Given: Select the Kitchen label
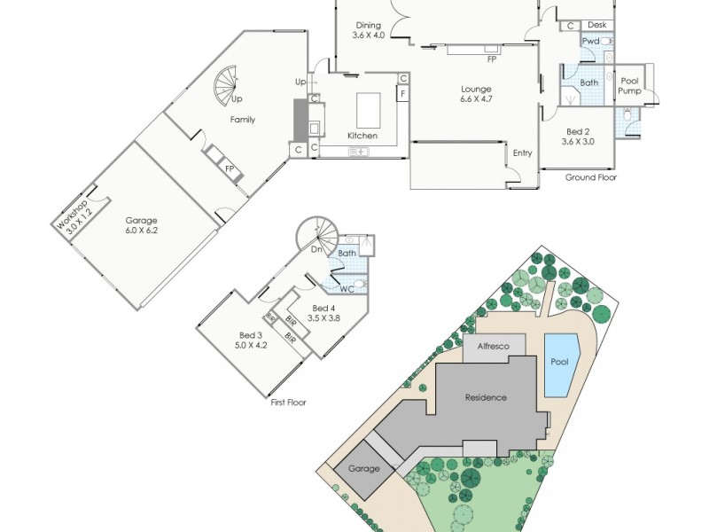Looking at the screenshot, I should (x=362, y=136).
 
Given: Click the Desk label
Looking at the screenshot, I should (x=596, y=26).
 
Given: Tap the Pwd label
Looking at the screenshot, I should (x=590, y=41).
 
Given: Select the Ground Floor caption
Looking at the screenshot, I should (x=591, y=177).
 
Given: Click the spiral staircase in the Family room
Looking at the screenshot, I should (x=228, y=85).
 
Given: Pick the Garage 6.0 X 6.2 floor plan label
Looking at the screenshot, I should (x=141, y=225).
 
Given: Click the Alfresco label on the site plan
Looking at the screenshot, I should (x=494, y=347).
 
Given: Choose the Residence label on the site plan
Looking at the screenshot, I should (x=486, y=397).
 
